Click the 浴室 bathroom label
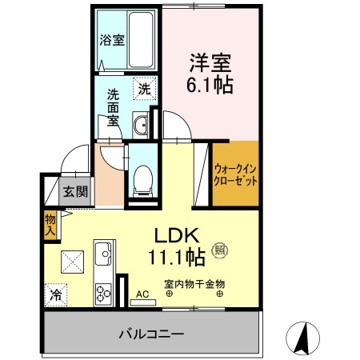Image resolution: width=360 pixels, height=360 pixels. pyautogui.click(x=111, y=40)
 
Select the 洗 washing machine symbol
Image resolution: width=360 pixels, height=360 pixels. pyautogui.click(x=143, y=90)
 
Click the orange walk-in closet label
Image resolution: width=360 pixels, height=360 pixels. pyautogui.click(x=236, y=174)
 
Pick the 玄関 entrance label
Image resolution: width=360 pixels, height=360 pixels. pyautogui.click(x=76, y=192)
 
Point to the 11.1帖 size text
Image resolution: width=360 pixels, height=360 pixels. pyautogui.click(x=178, y=257)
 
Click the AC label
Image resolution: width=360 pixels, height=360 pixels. pyautogui.click(x=142, y=294)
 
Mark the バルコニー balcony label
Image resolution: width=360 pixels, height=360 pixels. pyautogui.click(x=152, y=332)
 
